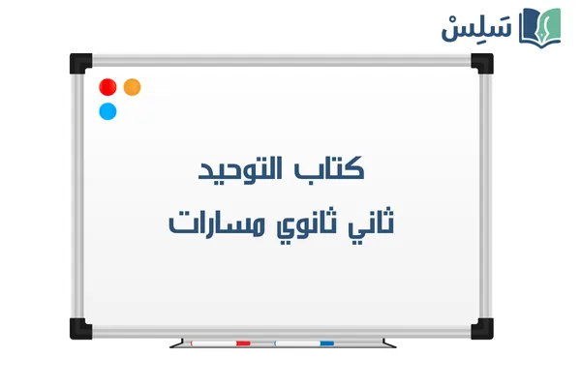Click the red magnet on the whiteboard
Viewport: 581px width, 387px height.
[x=108, y=86]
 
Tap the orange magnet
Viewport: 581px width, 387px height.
[x=133, y=86]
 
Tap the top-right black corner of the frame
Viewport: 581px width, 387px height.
[x=482, y=63]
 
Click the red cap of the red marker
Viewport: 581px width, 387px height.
[x=243, y=342]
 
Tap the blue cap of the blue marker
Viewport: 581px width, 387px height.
[x=326, y=342]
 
